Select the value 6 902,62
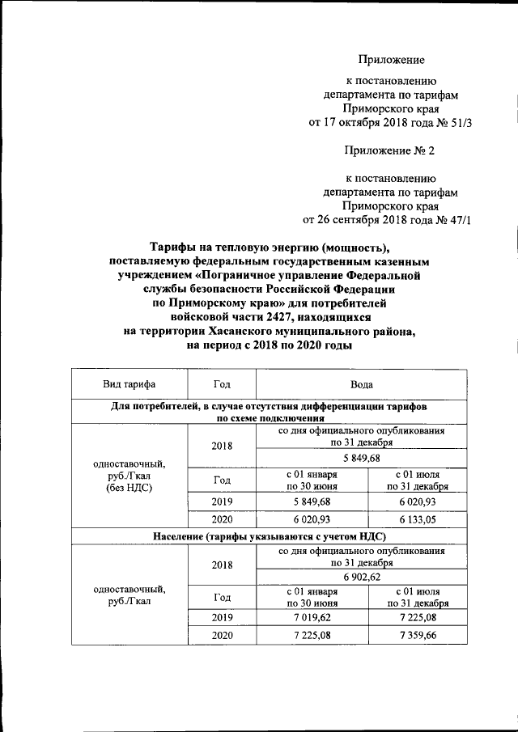(361, 577)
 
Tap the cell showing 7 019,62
(311, 616)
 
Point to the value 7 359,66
(417, 636)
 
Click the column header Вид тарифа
(129, 384)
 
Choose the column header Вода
(361, 384)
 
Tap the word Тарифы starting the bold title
(174, 248)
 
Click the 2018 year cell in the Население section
(221, 566)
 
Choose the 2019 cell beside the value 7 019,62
(221, 616)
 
